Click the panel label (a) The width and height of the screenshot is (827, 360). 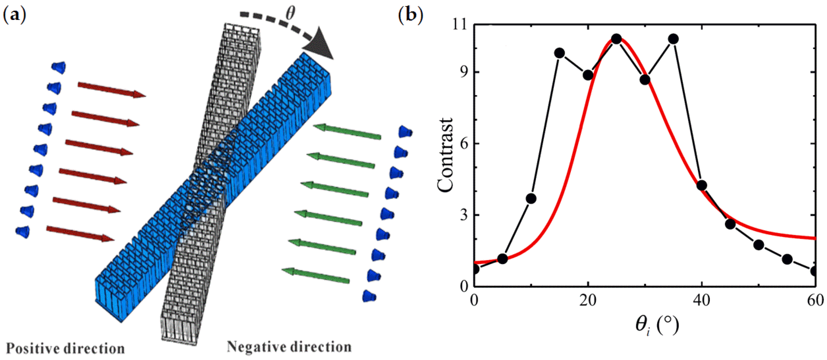pos(14,15)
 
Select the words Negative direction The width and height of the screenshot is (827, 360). pos(289,347)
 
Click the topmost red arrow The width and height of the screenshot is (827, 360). pos(112,90)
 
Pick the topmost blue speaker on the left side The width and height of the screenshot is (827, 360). pos(59,67)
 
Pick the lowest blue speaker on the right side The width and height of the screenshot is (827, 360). pos(369,295)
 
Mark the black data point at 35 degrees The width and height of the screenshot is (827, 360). pos(674,39)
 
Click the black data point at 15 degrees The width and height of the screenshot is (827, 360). pos(560,53)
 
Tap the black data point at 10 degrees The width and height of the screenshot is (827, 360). pos(531,199)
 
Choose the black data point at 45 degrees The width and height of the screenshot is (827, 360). pos(730,224)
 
